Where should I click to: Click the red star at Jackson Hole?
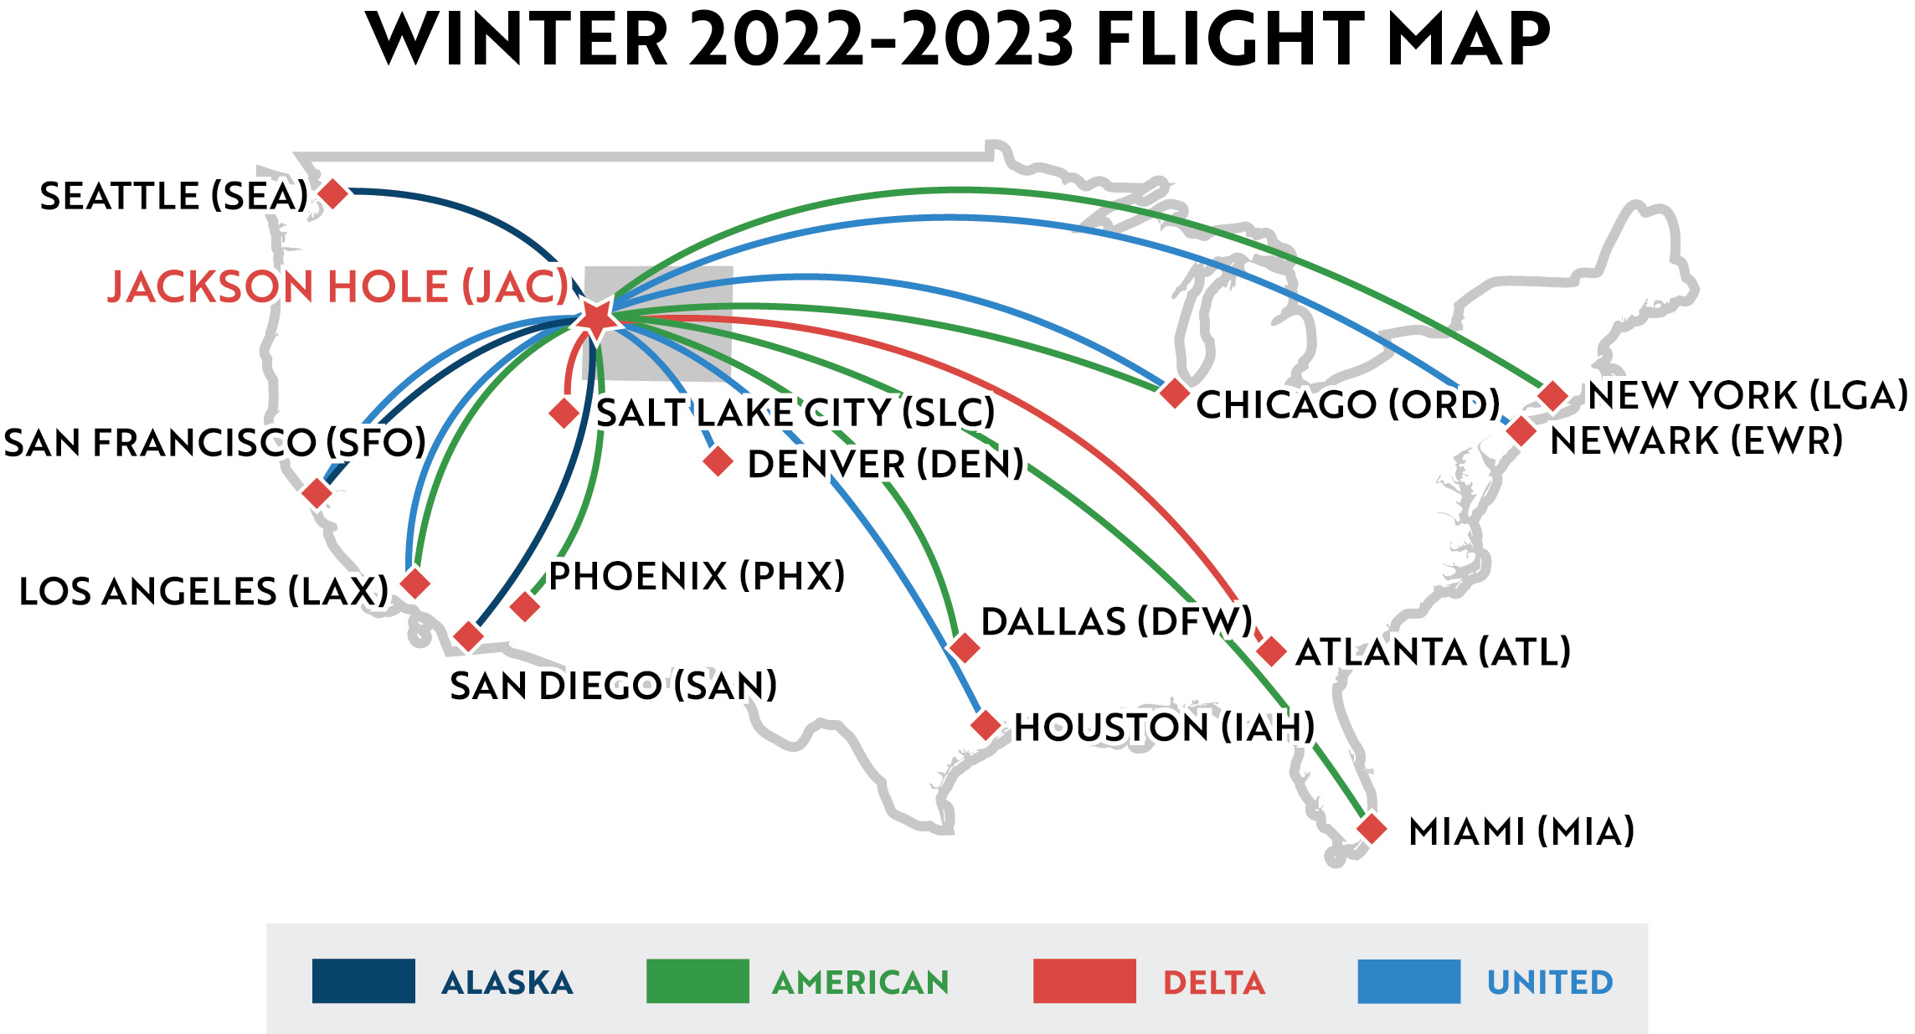click(x=596, y=318)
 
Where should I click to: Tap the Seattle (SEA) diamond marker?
click(x=333, y=193)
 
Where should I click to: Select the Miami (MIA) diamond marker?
click(x=1372, y=829)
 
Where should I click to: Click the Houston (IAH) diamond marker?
click(x=986, y=725)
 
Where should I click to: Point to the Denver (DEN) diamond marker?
click(x=718, y=461)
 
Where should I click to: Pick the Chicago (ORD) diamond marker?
click(x=1174, y=392)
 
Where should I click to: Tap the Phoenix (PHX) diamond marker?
click(x=525, y=606)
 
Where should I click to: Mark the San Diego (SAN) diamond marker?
click(x=468, y=636)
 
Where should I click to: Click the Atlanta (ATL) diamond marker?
click(x=1271, y=651)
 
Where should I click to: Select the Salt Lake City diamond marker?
click(x=564, y=413)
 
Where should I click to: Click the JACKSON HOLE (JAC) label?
click(x=338, y=287)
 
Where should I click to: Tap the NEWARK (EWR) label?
click(x=1696, y=441)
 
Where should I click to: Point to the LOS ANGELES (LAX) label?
click(x=203, y=592)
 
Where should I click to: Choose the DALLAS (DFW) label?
click(x=1116, y=622)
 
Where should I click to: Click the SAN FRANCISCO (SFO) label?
click(x=215, y=443)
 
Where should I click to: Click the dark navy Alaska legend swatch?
click(x=363, y=980)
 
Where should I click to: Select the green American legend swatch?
click(x=698, y=980)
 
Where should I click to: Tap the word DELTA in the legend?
click(x=1214, y=983)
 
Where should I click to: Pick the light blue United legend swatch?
click(x=1408, y=980)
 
